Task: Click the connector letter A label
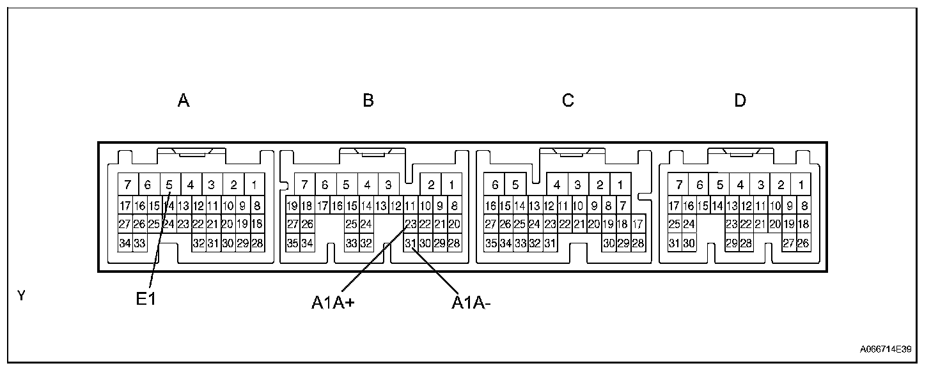click(184, 100)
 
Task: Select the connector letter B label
click(368, 100)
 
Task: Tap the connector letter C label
click(568, 100)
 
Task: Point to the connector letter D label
click(740, 100)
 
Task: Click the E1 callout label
click(146, 300)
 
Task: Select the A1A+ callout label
click(333, 303)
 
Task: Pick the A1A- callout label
click(471, 303)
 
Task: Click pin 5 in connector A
click(169, 185)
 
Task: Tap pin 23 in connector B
click(411, 224)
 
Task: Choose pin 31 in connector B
click(411, 243)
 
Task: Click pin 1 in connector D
click(801, 185)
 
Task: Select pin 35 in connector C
click(490, 243)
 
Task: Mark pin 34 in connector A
click(125, 243)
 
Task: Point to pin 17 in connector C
click(638, 224)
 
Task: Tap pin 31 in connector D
click(674, 243)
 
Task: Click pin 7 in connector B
click(304, 185)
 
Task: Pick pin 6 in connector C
click(494, 185)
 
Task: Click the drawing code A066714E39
click(886, 349)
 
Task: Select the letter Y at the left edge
click(21, 295)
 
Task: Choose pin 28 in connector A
click(258, 243)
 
